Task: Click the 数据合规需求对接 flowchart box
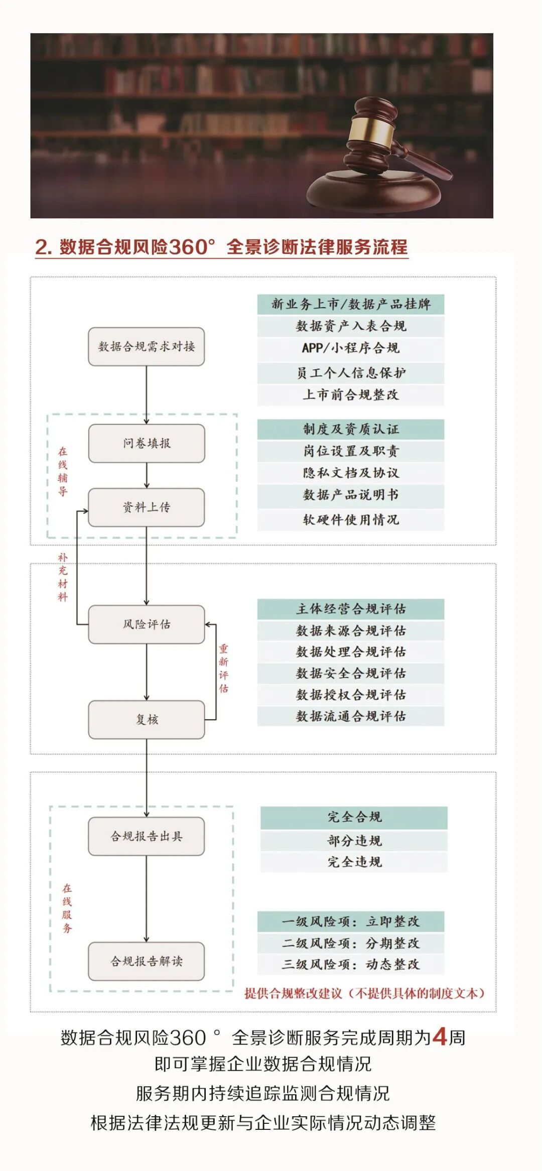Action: tap(146, 346)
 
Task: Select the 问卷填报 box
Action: tap(146, 443)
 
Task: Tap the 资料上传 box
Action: tap(146, 507)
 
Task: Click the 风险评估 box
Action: tap(146, 624)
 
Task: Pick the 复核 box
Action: tap(146, 719)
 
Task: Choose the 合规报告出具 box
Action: tap(146, 836)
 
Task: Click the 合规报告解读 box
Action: tap(146, 961)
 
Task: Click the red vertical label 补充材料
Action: tap(63, 577)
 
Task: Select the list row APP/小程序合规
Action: tap(350, 348)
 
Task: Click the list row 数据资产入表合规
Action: tap(350, 326)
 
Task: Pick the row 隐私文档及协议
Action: tap(350, 473)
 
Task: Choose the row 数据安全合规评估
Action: tap(350, 673)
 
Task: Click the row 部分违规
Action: tap(354, 840)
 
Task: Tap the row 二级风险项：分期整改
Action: tap(350, 943)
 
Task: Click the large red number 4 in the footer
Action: tap(440, 1036)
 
